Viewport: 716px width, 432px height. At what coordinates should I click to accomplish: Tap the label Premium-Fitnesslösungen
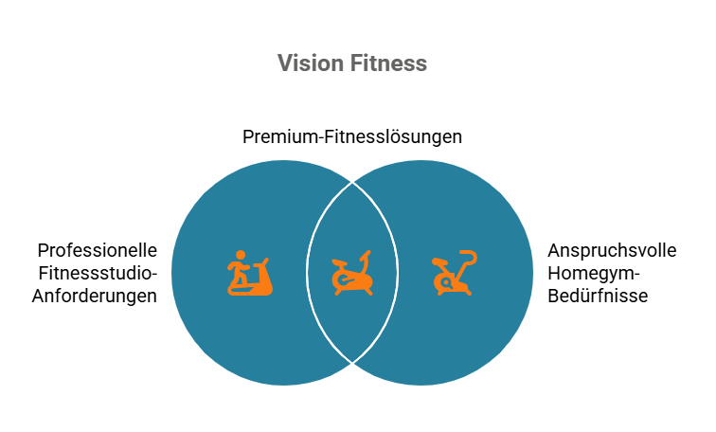click(352, 136)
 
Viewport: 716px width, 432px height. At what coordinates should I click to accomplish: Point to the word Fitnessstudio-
click(98, 273)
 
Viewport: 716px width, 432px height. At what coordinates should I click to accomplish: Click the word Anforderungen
click(98, 296)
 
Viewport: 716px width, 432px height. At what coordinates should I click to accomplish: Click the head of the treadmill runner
click(241, 256)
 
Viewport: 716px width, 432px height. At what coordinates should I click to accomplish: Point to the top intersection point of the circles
click(352, 182)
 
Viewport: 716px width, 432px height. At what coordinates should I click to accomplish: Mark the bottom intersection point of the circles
click(352, 363)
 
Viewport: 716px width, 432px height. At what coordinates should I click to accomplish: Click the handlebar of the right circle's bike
click(469, 257)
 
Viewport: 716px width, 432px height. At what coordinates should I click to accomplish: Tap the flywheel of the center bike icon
click(342, 282)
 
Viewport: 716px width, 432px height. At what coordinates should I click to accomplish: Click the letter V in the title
click(285, 63)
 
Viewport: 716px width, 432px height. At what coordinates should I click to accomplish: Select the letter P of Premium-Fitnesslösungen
click(248, 136)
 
